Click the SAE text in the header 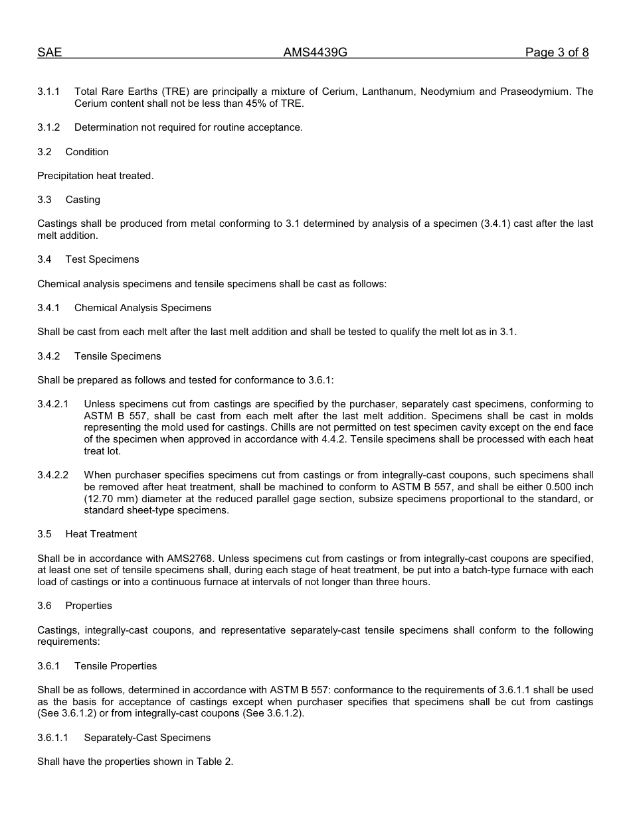[x=50, y=53]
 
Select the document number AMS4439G [x=315, y=53]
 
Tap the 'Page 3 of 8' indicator [x=557, y=53]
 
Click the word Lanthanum [x=386, y=92]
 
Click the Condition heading [x=87, y=152]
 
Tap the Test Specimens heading [x=102, y=259]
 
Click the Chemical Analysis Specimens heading [x=143, y=308]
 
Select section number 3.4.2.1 [x=53, y=404]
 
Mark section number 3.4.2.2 [x=53, y=476]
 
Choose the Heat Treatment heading [x=101, y=534]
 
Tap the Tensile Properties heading [x=116, y=666]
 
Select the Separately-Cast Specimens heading [x=147, y=738]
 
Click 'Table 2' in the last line [x=213, y=762]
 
